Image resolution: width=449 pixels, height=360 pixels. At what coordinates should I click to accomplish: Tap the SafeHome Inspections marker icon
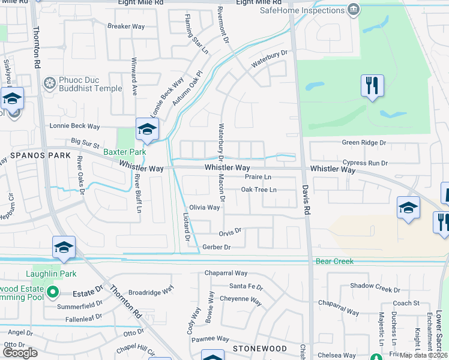(x=354, y=10)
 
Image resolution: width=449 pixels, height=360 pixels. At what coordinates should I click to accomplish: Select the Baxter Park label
(x=124, y=152)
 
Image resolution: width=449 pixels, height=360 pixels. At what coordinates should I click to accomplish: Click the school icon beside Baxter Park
(x=147, y=128)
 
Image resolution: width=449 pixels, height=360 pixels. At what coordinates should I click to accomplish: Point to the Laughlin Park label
(x=51, y=274)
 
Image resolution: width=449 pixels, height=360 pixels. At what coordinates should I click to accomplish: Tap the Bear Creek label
(x=334, y=262)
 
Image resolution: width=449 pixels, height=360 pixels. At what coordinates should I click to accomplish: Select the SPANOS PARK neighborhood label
(x=32, y=155)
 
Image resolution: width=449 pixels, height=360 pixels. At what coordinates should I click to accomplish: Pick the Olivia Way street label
(x=205, y=208)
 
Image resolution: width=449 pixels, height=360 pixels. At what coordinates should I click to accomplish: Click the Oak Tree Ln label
(x=259, y=190)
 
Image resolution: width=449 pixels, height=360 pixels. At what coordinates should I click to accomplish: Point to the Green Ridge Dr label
(x=364, y=143)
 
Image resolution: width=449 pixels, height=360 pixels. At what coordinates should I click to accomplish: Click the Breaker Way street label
(x=127, y=26)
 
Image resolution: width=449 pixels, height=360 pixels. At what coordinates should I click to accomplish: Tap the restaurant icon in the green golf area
(x=372, y=85)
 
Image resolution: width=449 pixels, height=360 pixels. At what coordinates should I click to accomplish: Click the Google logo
(x=20, y=352)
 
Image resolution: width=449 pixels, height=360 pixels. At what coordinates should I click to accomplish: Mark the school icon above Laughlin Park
(x=64, y=248)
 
